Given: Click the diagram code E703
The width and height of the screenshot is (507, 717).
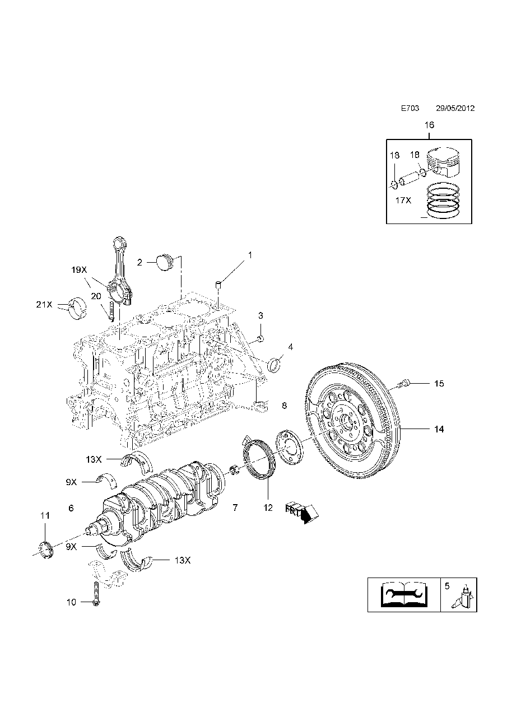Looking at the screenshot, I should point(410,109).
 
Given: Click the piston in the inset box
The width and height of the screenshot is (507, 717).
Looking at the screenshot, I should point(446,164).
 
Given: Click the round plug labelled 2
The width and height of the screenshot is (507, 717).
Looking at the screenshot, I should point(164,262).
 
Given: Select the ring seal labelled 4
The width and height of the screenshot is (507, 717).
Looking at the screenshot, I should point(276,364).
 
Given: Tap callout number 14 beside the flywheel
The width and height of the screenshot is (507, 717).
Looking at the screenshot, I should point(438,429).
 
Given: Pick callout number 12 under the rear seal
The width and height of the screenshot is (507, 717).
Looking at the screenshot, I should point(268,508).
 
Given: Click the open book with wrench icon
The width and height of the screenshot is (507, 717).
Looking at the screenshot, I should point(403,594).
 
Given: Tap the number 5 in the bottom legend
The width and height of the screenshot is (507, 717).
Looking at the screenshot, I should point(446,586).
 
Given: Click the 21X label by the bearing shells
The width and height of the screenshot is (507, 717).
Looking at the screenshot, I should point(44,305).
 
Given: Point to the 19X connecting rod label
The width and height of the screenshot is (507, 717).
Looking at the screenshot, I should point(79,269).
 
